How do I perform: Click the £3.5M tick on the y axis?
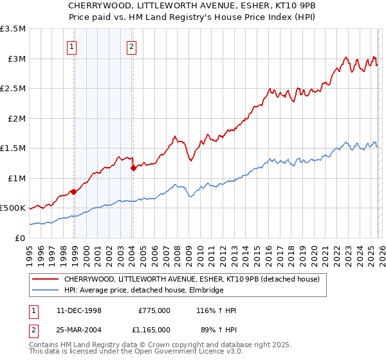click(13, 29)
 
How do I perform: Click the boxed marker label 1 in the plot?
click(71, 46)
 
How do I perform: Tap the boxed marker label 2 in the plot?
click(131, 46)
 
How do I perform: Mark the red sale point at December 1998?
click(74, 192)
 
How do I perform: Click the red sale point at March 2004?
click(133, 168)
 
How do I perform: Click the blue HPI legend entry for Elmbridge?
click(143, 291)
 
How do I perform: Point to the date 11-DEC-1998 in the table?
click(78, 310)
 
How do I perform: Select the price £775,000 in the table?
click(154, 310)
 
